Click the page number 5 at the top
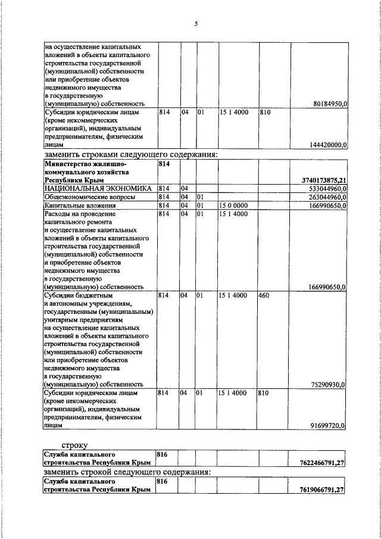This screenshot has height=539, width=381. point(195,24)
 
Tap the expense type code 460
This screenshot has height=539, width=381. point(265,294)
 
